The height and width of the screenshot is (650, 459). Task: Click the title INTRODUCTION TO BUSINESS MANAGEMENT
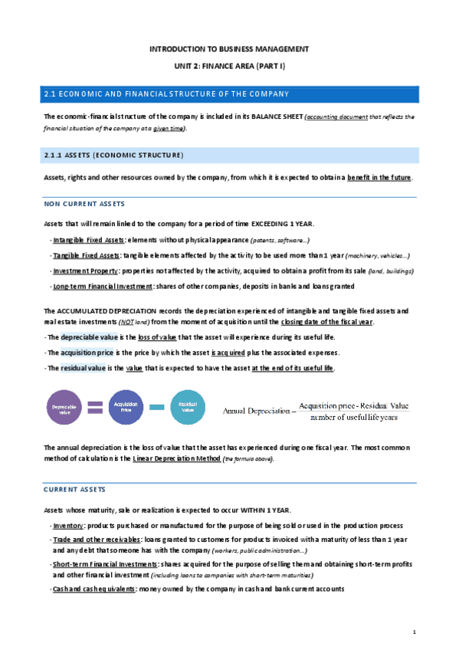click(x=229, y=48)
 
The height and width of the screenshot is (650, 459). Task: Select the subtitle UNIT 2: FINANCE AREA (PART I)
click(x=229, y=66)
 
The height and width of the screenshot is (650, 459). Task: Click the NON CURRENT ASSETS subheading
click(x=84, y=204)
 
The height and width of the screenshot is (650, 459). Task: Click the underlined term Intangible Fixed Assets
click(x=84, y=240)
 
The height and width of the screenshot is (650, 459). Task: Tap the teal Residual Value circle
click(x=187, y=407)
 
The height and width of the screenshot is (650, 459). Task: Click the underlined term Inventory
click(x=67, y=526)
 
